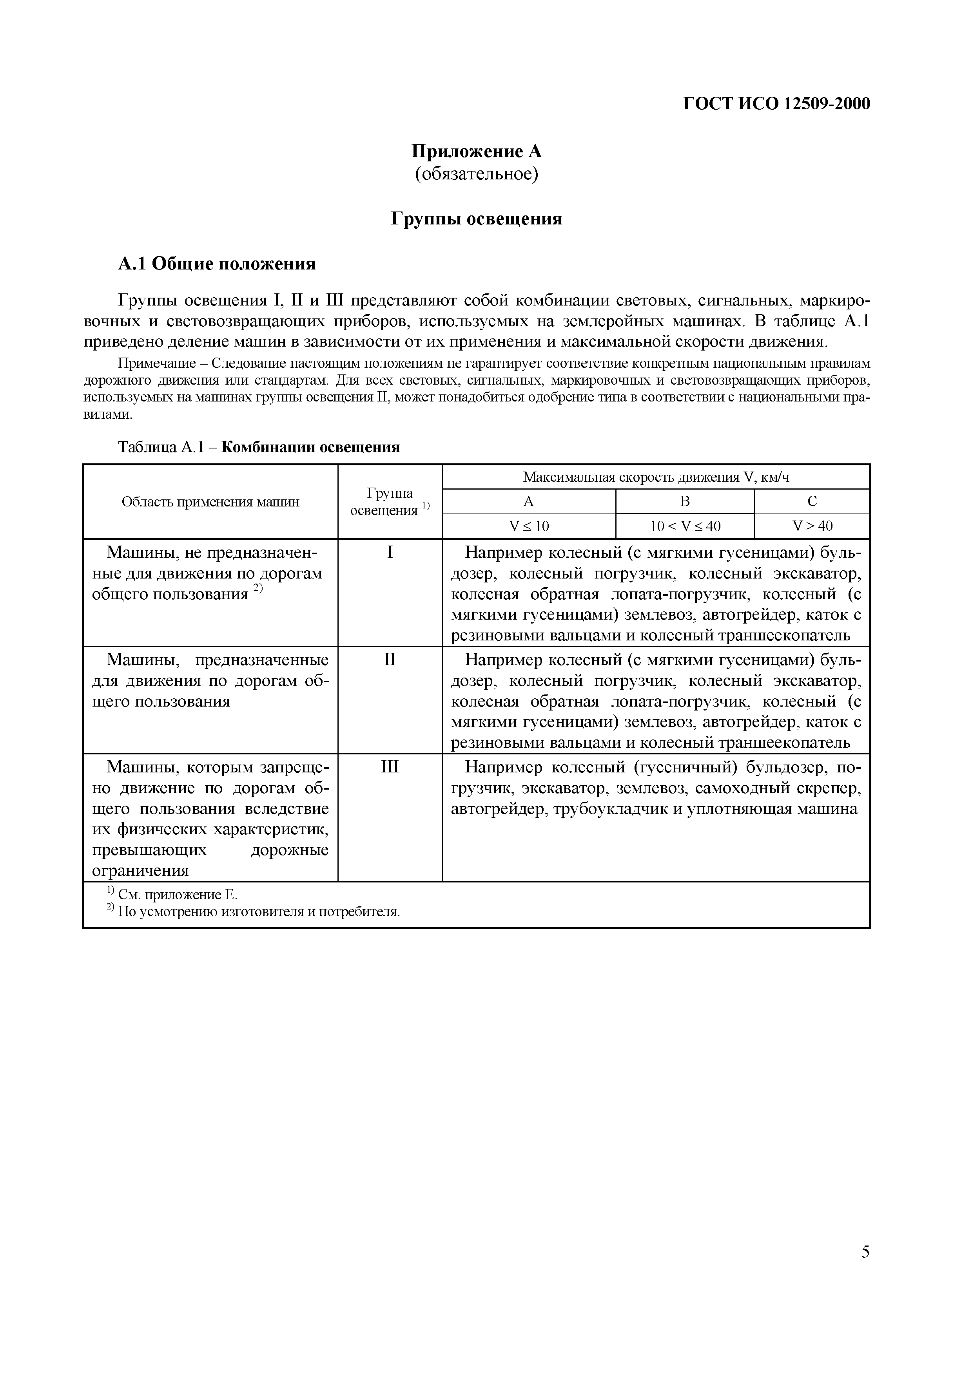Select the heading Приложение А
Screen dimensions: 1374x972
point(476,152)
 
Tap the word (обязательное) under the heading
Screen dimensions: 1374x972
point(476,174)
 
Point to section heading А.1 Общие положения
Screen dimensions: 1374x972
point(216,264)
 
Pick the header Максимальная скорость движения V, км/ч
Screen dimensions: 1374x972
point(655,477)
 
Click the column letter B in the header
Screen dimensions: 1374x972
point(685,501)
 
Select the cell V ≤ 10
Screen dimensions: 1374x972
point(528,526)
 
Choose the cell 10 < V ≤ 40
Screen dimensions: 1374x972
point(685,526)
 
